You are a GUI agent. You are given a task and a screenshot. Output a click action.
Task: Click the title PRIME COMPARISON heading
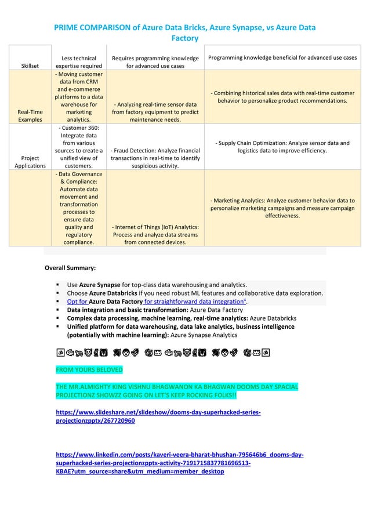pos(184,32)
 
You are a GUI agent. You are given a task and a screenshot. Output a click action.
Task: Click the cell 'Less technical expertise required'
pos(78,62)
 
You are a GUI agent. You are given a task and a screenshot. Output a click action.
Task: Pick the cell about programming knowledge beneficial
pos(282,58)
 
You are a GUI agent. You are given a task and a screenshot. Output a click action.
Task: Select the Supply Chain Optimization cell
pos(282,147)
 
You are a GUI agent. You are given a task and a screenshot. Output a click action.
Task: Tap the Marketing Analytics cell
pos(282,208)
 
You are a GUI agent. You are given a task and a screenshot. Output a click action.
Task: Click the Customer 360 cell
pos(78,146)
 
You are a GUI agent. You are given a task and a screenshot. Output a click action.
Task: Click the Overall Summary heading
pos(70,268)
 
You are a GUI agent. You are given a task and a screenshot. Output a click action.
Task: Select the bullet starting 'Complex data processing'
pos(182,318)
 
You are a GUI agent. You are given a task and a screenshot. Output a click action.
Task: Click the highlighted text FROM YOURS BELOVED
pos(89,369)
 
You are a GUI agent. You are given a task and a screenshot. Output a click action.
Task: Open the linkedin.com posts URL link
pos(179,463)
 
